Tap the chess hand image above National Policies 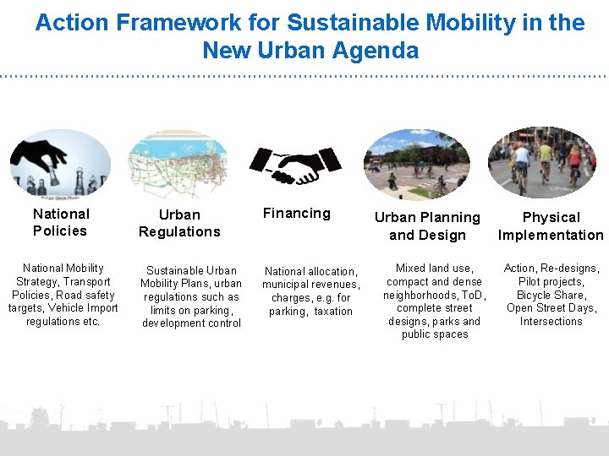coord(60,162)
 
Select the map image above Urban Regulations coord(178,165)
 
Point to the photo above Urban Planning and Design coord(416,164)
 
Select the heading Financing coord(296,214)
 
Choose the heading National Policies coord(60,222)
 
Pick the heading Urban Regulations coord(179,223)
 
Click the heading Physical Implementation coord(551,226)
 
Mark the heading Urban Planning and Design coord(427,226)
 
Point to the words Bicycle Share coord(551,295)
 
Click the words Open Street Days coord(551,308)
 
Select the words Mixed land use coord(434,269)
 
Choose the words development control coord(191,323)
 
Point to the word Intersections coord(551,322)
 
